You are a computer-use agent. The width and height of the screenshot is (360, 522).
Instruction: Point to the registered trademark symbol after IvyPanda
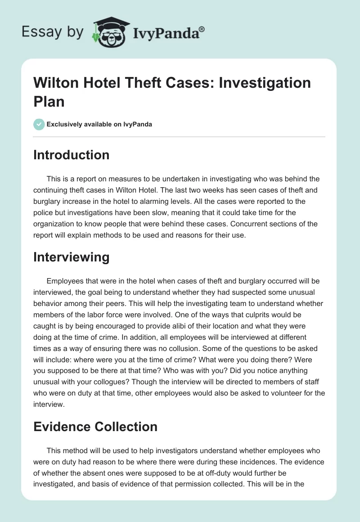click(202, 28)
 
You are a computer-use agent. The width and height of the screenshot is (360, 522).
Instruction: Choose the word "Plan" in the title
click(49, 101)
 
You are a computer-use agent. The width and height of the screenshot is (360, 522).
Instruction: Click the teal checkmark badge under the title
click(39, 124)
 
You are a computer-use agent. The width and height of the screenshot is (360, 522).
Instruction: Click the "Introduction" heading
click(72, 155)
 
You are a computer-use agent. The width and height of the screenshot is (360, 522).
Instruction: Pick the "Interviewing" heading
click(72, 257)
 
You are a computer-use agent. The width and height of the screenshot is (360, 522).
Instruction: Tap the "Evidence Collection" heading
click(95, 427)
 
